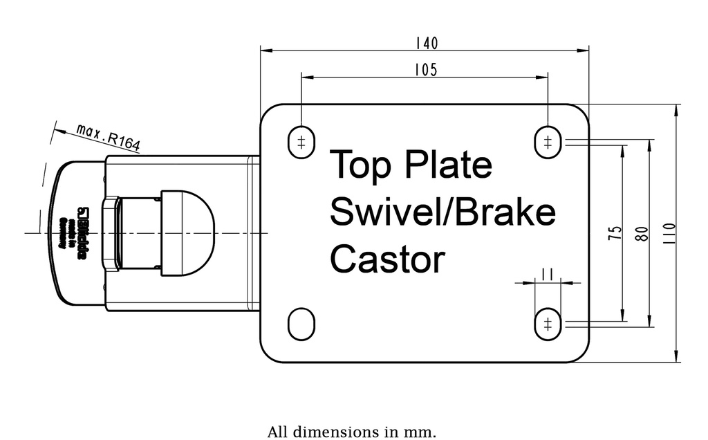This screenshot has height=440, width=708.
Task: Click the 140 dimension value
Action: click(x=426, y=43)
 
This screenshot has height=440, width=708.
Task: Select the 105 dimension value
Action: click(x=425, y=70)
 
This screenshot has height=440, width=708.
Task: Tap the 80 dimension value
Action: click(x=642, y=233)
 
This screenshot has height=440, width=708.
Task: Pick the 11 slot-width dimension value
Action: click(x=548, y=274)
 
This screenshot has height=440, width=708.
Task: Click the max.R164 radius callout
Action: click(x=108, y=138)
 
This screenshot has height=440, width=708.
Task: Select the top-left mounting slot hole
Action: click(x=301, y=143)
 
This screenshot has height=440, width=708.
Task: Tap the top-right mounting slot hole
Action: click(x=548, y=143)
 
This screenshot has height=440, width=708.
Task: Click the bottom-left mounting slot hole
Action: click(x=301, y=324)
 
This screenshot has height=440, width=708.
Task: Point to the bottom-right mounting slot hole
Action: click(x=548, y=324)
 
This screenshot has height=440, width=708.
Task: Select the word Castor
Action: click(x=386, y=259)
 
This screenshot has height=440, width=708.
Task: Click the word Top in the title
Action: click(x=360, y=165)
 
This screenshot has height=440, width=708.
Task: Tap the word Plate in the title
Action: click(x=448, y=165)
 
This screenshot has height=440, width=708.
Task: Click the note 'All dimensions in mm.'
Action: click(x=352, y=432)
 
